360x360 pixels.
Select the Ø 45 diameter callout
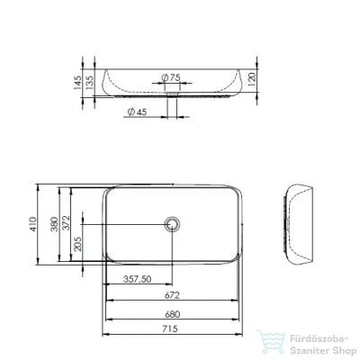pyautogui.click(x=137, y=112)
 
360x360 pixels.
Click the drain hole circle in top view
pyautogui.click(x=174, y=222)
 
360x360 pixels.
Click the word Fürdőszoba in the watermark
pyautogui.click(x=313, y=338)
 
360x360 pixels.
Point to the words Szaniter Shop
pyautogui.click(x=318, y=349)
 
